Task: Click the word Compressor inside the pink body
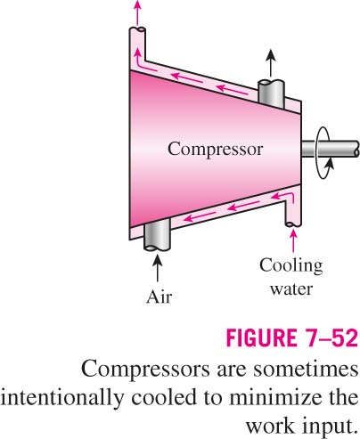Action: (216, 149)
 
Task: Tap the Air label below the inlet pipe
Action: (159, 297)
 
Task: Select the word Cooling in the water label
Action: (291, 266)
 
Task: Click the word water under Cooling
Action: (291, 289)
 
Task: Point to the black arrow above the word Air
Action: (158, 268)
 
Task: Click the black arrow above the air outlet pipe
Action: (271, 63)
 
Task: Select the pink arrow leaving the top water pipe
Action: (137, 12)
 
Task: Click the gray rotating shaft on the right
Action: (331, 149)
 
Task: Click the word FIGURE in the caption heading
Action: (261, 337)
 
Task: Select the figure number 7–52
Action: (331, 337)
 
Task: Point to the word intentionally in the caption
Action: (61, 398)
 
